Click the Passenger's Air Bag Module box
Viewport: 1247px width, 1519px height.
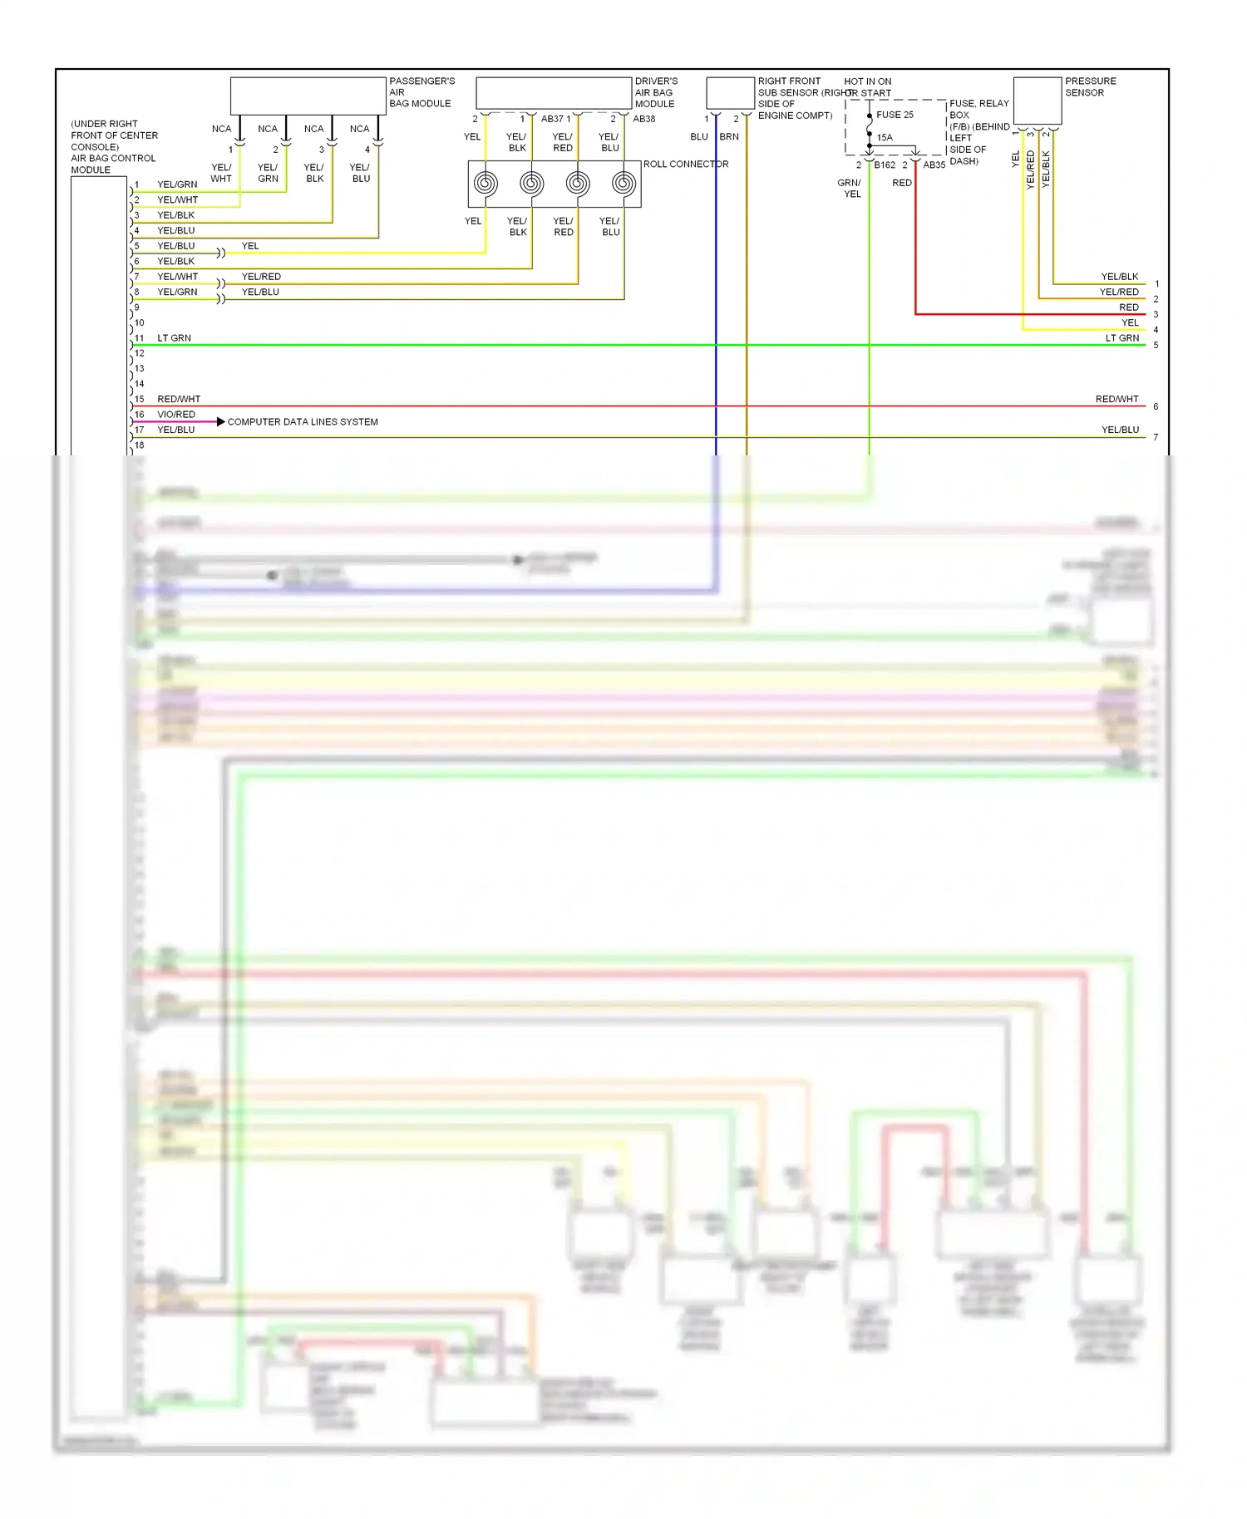[x=308, y=96]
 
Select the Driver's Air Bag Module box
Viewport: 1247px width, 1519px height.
[x=554, y=93]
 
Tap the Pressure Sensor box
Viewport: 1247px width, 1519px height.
[x=1038, y=101]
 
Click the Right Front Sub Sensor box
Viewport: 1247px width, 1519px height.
[x=730, y=93]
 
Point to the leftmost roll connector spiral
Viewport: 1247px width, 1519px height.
[x=485, y=184]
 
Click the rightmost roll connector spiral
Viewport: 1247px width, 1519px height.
[x=623, y=184]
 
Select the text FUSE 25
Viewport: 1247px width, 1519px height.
[x=895, y=115]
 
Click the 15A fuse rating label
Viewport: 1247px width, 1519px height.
[x=885, y=138]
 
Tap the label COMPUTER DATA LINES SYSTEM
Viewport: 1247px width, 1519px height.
[x=303, y=422]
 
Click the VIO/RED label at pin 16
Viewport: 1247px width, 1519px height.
[x=176, y=415]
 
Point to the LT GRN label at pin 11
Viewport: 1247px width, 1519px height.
[x=174, y=338]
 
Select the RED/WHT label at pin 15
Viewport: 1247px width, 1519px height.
[x=179, y=400]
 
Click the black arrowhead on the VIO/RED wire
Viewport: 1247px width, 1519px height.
[x=220, y=422]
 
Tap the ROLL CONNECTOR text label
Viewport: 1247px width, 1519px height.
[x=686, y=165]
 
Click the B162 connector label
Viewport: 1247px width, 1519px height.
[x=885, y=165]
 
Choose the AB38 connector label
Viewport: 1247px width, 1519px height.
[x=644, y=119]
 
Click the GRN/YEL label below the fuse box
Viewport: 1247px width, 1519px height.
[x=850, y=189]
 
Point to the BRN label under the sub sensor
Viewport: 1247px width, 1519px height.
[x=729, y=137]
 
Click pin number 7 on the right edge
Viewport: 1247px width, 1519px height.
[x=1156, y=438]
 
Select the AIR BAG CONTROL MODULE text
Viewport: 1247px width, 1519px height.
[x=113, y=164]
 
